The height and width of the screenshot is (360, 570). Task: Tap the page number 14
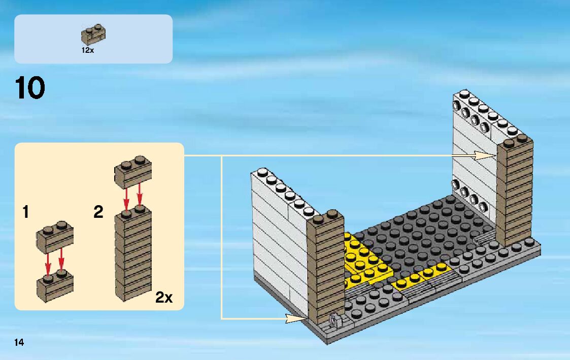pos(19,343)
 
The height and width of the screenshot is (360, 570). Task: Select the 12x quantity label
pos(88,50)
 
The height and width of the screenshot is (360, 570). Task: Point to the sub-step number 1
pos(25,212)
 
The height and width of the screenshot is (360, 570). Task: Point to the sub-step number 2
pos(98,212)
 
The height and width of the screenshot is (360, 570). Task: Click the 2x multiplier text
pos(163,298)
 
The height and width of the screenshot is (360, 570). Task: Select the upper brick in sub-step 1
pos(55,237)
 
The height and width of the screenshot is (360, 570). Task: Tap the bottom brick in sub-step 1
pos(55,286)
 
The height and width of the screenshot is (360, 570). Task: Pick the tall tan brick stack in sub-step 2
pos(133,254)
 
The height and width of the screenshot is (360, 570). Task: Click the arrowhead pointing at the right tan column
pos(485,155)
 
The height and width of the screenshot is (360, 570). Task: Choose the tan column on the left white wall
pos(325,264)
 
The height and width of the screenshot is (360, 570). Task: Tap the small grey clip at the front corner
pos(335,321)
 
